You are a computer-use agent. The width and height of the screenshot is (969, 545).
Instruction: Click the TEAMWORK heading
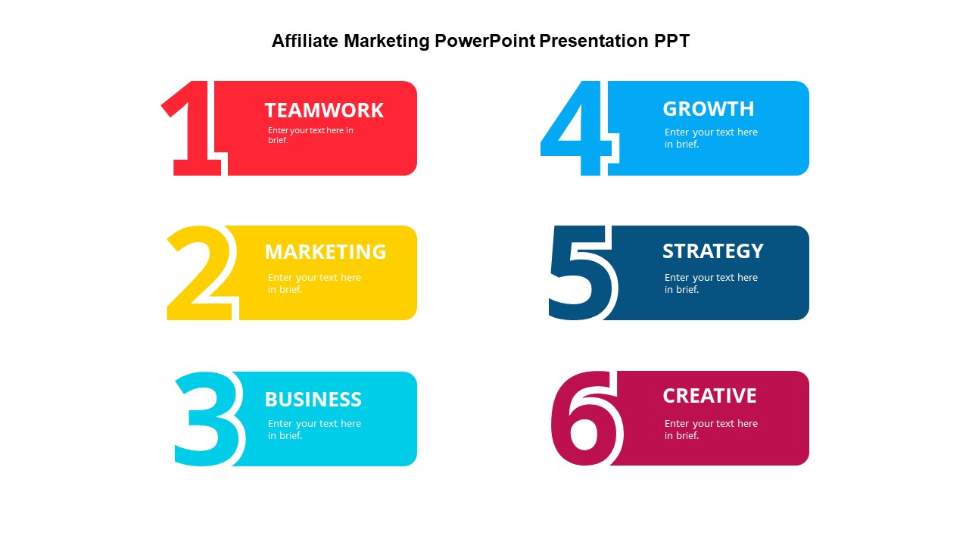[x=324, y=111]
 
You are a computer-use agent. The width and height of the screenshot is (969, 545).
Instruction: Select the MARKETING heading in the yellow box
[x=326, y=252]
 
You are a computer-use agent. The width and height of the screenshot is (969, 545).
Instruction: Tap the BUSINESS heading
[x=313, y=399]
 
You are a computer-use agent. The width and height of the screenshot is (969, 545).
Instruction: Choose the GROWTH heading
[x=709, y=109]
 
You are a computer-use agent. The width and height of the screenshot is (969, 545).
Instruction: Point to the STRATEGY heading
[x=713, y=251]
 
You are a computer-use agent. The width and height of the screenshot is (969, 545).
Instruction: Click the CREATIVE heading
[x=709, y=396]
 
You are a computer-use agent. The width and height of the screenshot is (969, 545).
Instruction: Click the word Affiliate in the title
[x=306, y=41]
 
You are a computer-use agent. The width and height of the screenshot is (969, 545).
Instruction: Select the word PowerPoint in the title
[x=484, y=41]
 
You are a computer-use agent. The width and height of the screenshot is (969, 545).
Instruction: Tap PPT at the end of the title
[x=672, y=41]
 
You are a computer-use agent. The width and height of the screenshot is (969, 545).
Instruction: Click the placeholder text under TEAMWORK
[x=310, y=135]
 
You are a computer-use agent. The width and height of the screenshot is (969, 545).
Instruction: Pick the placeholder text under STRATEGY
[x=711, y=283]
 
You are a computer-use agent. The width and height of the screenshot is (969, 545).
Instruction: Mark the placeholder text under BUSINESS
[x=314, y=429]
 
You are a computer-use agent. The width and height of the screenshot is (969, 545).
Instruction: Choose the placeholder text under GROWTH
[x=711, y=138]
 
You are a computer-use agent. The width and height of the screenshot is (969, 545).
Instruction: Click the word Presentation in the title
[x=595, y=41]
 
